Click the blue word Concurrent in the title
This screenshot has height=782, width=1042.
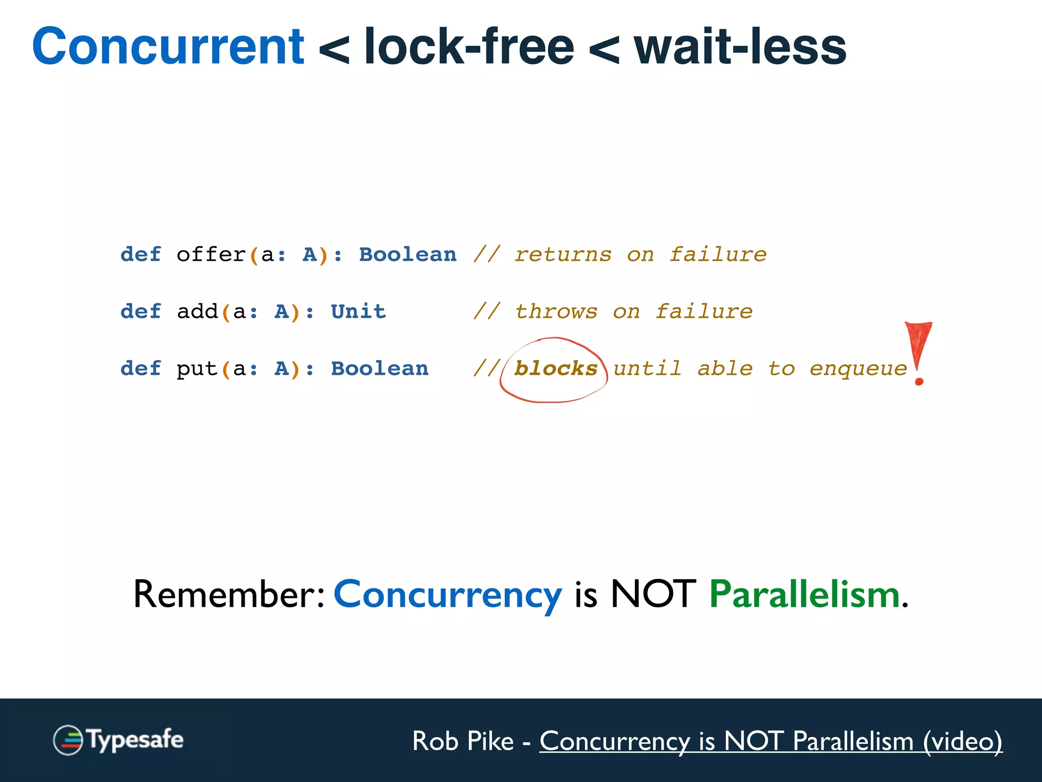coord(168,47)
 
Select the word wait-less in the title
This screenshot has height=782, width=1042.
coord(740,47)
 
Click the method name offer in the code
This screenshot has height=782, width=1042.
coord(211,255)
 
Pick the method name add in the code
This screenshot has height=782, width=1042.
coord(197,312)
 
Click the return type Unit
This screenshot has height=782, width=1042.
coord(358,312)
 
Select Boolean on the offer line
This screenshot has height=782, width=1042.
coord(408,255)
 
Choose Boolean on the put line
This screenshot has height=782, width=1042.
coord(380,369)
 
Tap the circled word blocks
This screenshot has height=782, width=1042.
coord(556,369)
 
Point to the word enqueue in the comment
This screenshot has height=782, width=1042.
coord(858,369)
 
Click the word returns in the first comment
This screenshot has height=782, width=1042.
coord(563,255)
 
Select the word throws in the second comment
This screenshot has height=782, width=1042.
coord(556,312)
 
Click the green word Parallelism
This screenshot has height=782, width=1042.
coord(804,595)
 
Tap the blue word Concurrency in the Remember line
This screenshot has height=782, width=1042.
coord(448,595)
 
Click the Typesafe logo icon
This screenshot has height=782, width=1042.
coord(68,740)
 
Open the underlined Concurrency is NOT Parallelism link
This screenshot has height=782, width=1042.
coord(770,741)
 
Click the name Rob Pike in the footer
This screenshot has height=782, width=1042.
coord(462,741)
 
